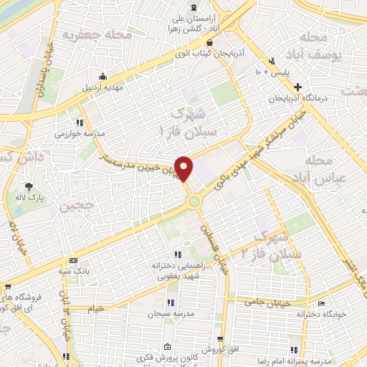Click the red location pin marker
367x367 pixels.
pyautogui.click(x=185, y=168)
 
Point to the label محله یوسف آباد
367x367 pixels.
pyautogui.click(x=341, y=45)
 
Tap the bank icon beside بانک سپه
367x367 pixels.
pyautogui.click(x=72, y=260)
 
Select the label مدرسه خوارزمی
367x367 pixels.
pyautogui.click(x=80, y=133)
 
